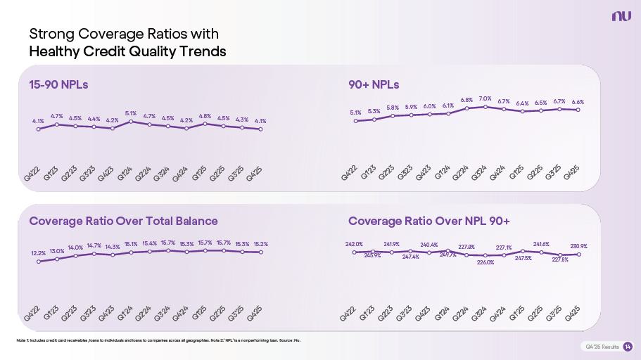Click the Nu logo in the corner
(x=621, y=15)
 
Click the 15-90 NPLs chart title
(x=58, y=84)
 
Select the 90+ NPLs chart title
(x=374, y=84)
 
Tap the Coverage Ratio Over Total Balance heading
(x=123, y=221)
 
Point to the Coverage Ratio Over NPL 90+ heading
(x=429, y=221)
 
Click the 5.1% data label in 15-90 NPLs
(x=131, y=113)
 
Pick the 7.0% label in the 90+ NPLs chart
(x=485, y=98)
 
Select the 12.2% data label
(x=39, y=253)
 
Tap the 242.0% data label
(x=354, y=244)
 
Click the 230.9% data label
(x=578, y=246)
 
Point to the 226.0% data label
(x=485, y=262)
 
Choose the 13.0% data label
(x=57, y=250)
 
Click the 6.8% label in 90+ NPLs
(x=467, y=101)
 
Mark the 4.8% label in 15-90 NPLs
(x=205, y=116)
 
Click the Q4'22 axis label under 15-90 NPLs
(x=32, y=179)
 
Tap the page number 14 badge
(x=628, y=347)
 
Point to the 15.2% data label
(x=260, y=244)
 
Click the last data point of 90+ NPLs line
(x=578, y=110)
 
